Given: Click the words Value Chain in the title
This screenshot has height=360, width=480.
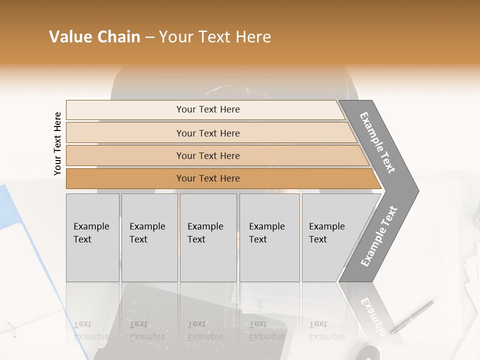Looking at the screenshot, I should tap(94, 37).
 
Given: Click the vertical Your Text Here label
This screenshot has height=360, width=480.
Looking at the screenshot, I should tap(57, 143).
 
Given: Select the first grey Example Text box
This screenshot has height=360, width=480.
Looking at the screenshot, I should tap(92, 237).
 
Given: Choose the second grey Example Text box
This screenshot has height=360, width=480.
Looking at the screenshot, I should tap(149, 237).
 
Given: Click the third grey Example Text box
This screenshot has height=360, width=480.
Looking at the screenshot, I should tap(208, 237).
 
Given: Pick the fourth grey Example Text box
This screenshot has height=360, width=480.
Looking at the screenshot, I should tap(269, 237).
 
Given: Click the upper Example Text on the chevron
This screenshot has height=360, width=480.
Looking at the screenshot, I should tap(377, 142).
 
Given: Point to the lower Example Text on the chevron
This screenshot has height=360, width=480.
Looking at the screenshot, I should tap(379, 236).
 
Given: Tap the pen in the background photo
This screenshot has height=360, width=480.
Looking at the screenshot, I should tap(412, 316).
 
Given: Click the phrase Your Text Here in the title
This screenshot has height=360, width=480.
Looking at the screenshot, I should tap(215, 37).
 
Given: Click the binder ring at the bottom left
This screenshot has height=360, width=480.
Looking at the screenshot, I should tap(11, 329).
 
